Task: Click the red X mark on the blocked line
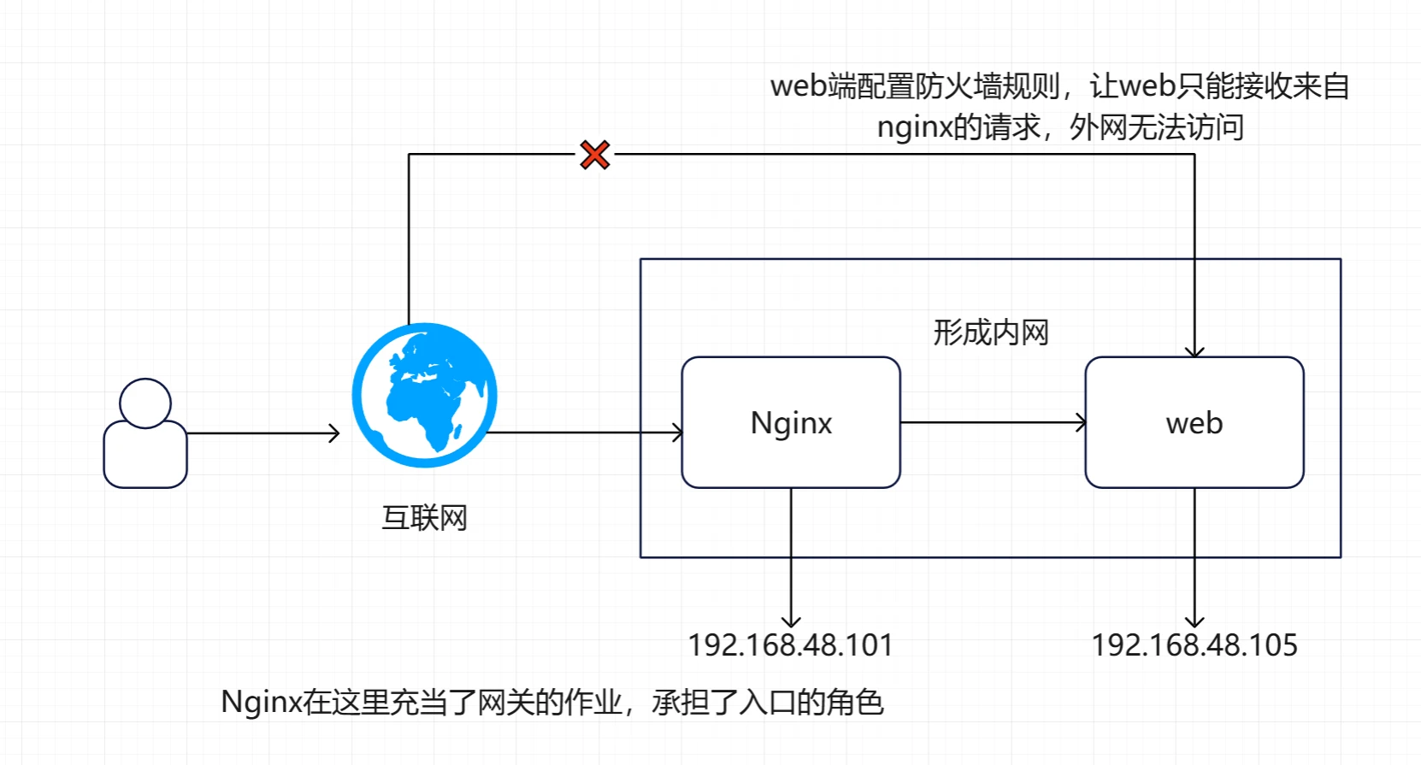[x=594, y=155]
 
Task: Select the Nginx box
[x=791, y=422]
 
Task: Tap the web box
[x=1194, y=422]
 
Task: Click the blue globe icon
[x=424, y=395]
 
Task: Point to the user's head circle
[x=145, y=403]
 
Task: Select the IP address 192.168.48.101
[x=791, y=645]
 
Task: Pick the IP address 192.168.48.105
[x=1194, y=645]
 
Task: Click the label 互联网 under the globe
[x=424, y=518]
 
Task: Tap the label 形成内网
[x=991, y=332]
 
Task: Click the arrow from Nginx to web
[x=992, y=422]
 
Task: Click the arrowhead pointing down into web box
[x=1194, y=351]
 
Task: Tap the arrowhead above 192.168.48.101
[x=791, y=621]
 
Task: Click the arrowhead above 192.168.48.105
[x=1194, y=621]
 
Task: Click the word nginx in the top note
[x=914, y=127]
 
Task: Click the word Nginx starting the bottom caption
[x=261, y=702]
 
